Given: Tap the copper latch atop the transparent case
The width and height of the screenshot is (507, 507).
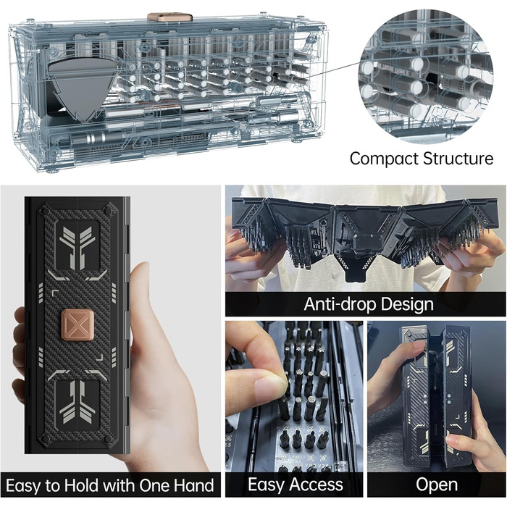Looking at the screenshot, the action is [169, 17].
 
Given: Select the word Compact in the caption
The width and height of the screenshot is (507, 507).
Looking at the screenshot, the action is [384, 159].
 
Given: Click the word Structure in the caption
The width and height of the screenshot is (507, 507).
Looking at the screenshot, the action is [458, 159].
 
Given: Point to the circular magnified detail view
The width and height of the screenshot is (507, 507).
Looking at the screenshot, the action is [426, 77].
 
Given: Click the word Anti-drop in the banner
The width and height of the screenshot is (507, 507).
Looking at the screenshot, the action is [338, 304].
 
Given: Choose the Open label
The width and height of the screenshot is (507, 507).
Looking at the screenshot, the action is [437, 485].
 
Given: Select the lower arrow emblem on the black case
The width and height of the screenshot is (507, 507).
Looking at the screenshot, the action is [77, 401].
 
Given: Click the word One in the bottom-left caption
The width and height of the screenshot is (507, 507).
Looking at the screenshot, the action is [154, 486].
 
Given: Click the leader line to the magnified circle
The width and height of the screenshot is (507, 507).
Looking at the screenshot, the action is [333, 72].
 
